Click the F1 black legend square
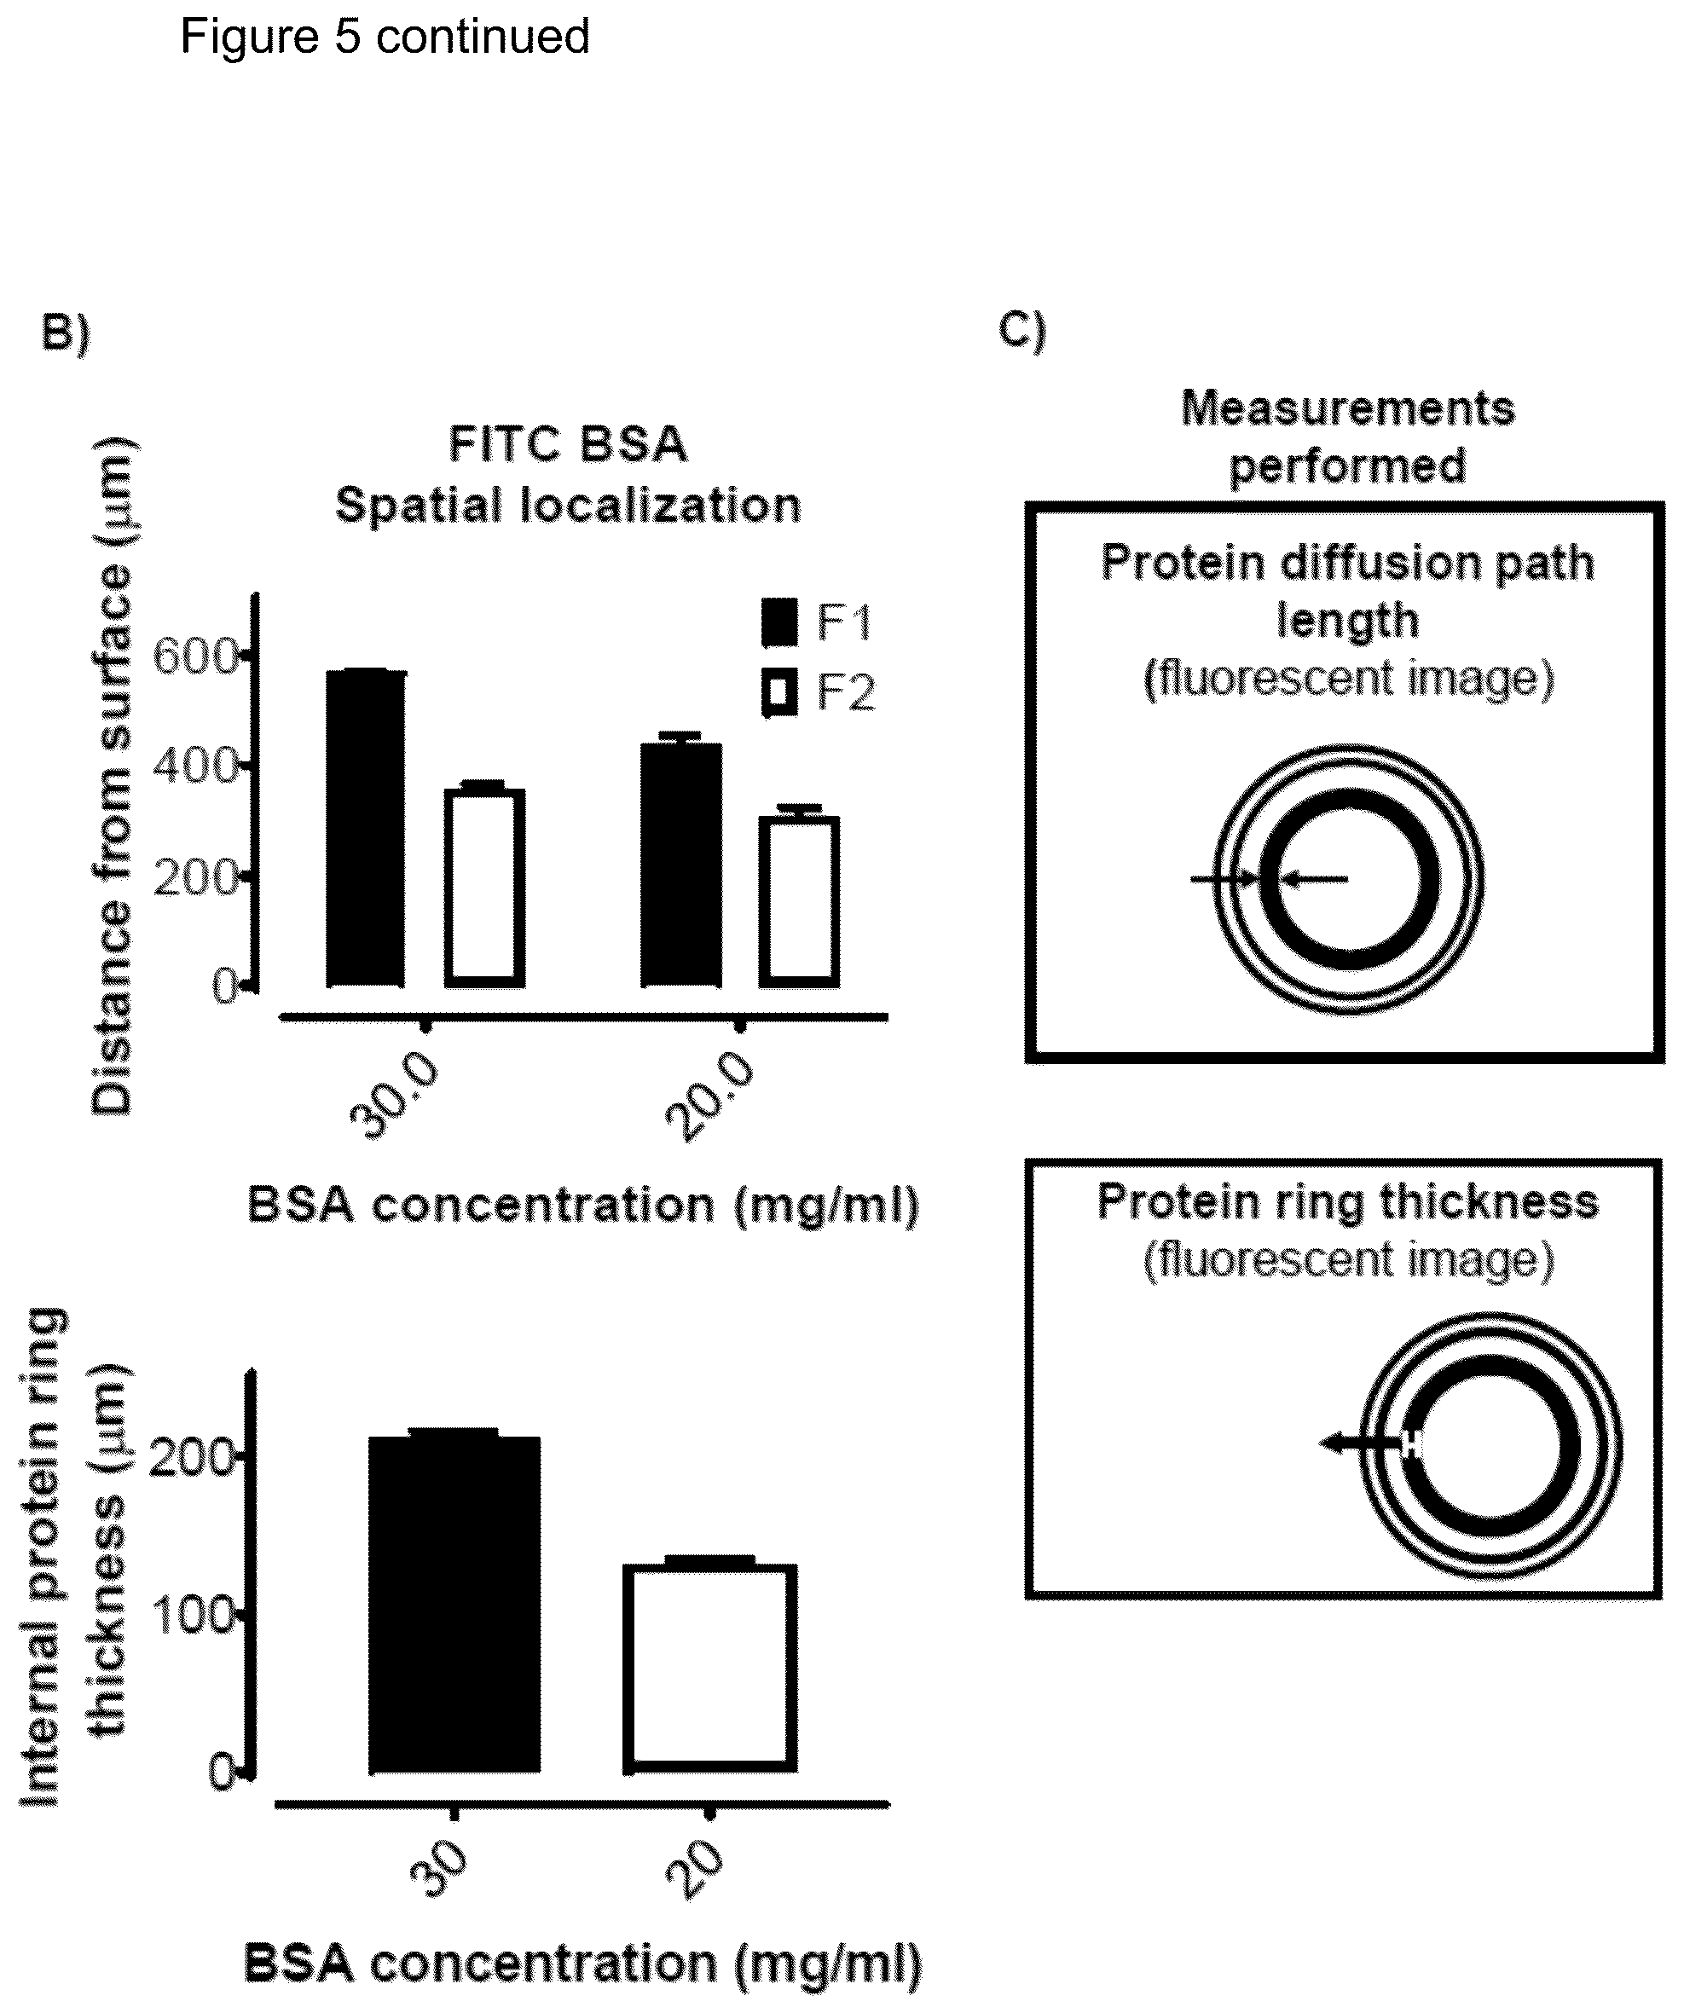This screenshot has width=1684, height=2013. coord(779,622)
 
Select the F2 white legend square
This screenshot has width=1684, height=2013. coord(779,692)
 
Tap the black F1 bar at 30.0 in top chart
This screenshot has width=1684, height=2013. coord(365,828)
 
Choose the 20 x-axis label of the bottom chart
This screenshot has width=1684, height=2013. coord(693,1870)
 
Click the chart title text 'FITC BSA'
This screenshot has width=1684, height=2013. coord(569,445)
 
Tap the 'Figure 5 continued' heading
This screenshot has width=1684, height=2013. coord(385,38)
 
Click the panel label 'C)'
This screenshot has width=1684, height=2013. coord(1022,331)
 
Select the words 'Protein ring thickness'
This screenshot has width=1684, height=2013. coord(1347,1202)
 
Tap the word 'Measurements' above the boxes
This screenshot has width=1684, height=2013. coord(1347,409)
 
